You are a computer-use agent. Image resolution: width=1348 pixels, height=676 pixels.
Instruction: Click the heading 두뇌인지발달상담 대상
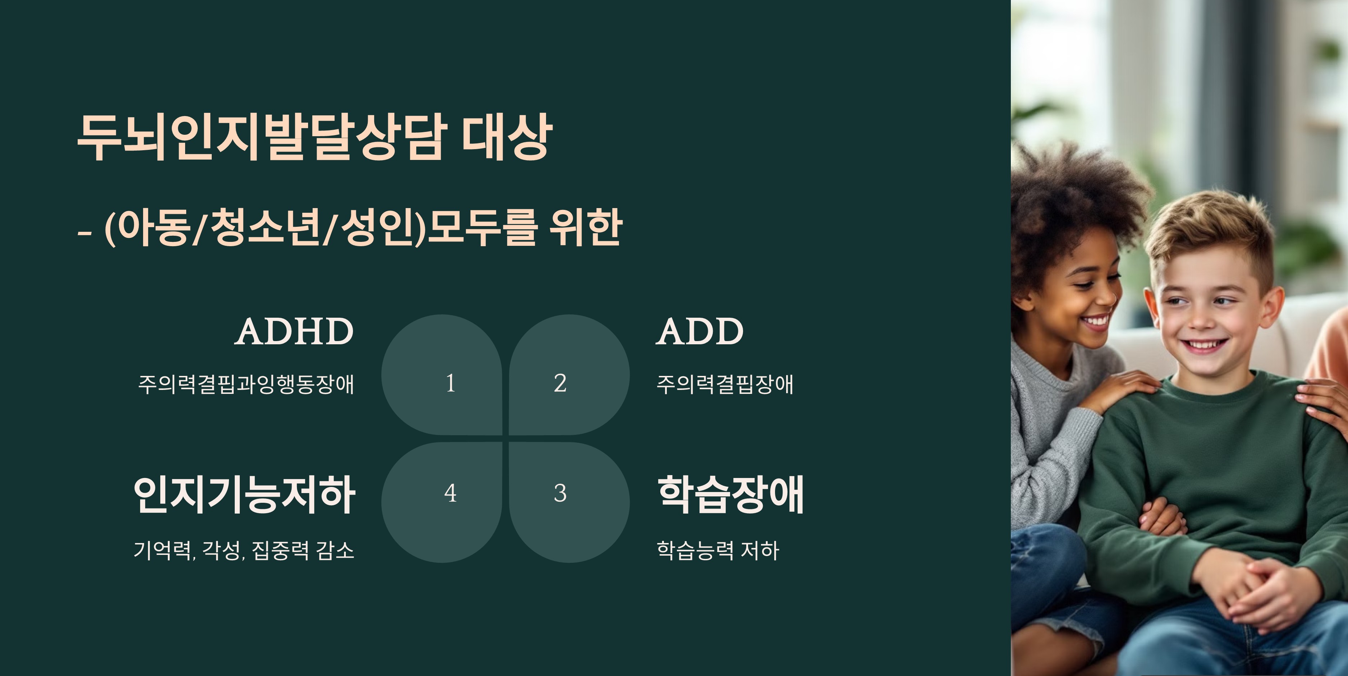(315, 137)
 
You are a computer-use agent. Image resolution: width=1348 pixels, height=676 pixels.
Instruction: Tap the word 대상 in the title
(506, 137)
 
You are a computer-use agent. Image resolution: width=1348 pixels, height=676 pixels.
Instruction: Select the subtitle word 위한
(586, 227)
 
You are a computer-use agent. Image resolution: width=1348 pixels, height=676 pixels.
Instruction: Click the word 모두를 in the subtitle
(482, 227)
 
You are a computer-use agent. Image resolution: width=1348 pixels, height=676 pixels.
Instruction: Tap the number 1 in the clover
(450, 383)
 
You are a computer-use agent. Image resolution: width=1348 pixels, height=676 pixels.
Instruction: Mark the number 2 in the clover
(560, 383)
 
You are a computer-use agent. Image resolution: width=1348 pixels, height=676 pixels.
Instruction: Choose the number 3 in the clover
(560, 493)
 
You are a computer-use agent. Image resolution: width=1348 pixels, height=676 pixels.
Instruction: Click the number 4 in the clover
(450, 493)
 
